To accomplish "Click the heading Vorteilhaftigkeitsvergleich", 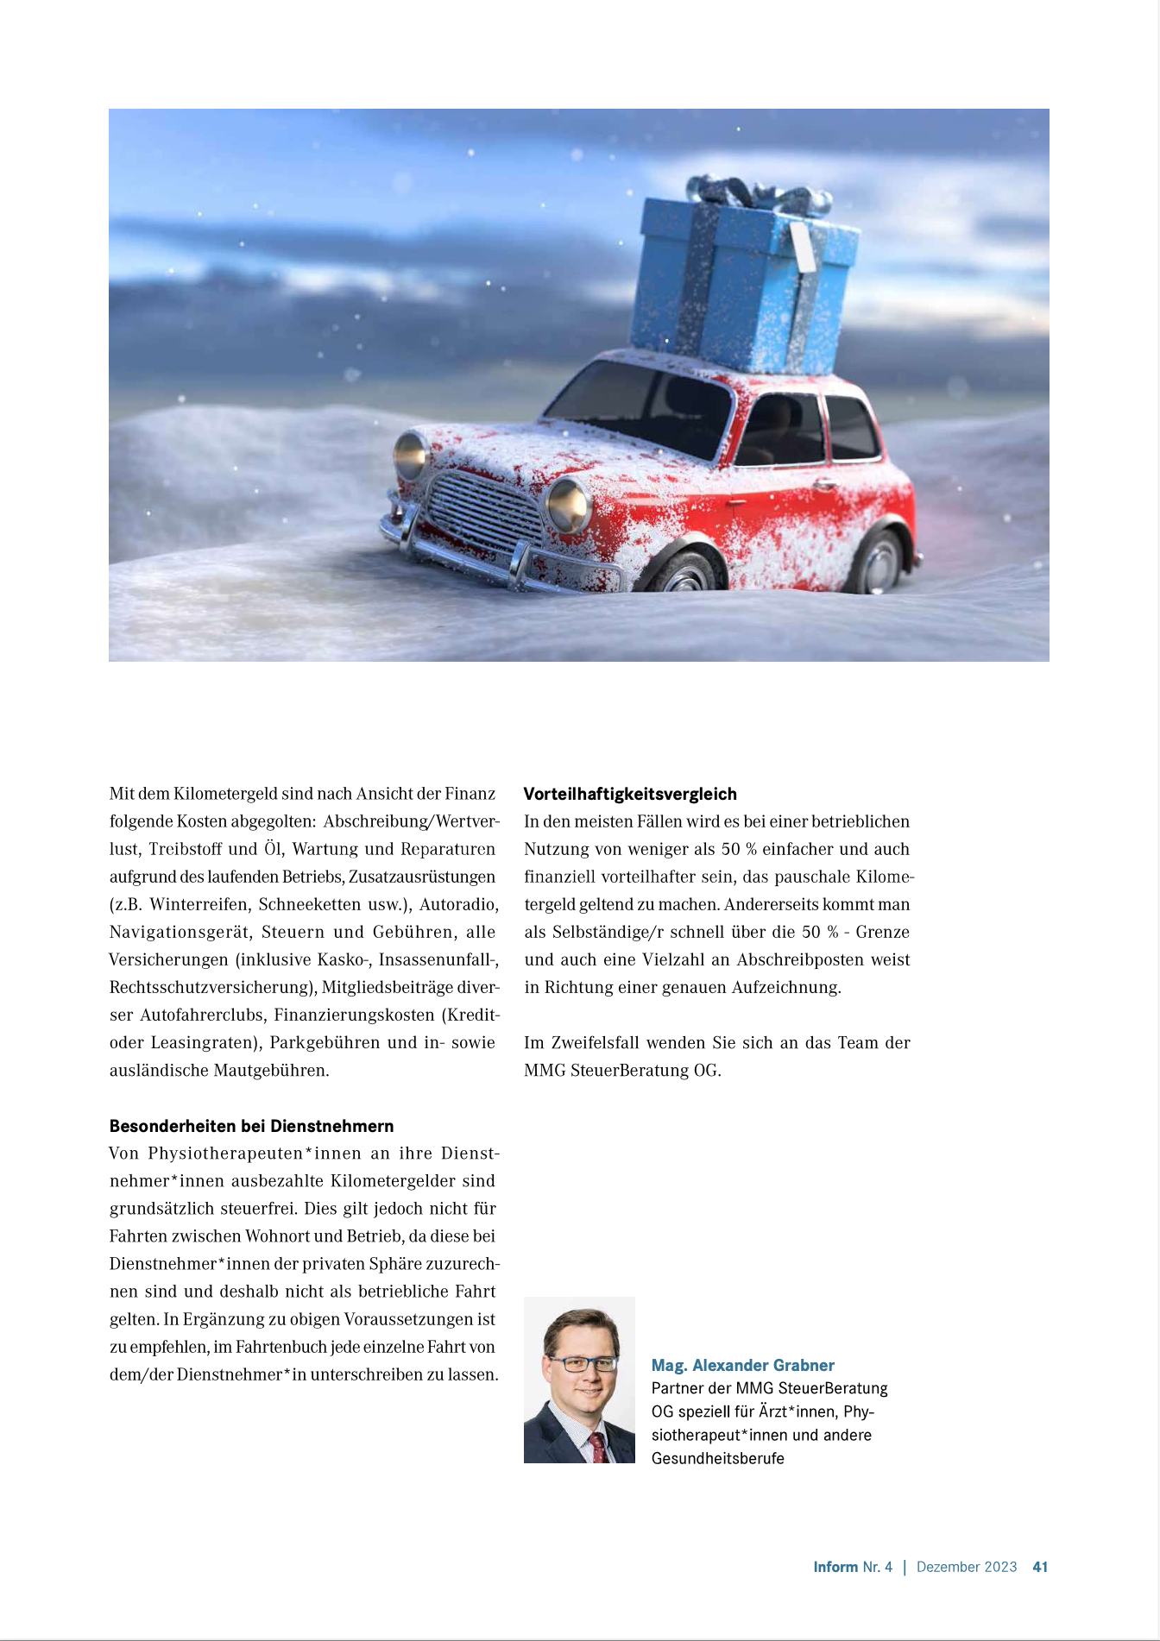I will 630,794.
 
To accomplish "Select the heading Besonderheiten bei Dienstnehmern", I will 251,1126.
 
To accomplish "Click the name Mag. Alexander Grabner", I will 742,1365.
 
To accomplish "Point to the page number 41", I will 1040,1567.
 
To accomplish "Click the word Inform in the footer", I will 835,1567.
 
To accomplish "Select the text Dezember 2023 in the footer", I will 967,1567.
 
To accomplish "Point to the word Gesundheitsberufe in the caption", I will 717,1458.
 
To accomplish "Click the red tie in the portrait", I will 597,1446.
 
